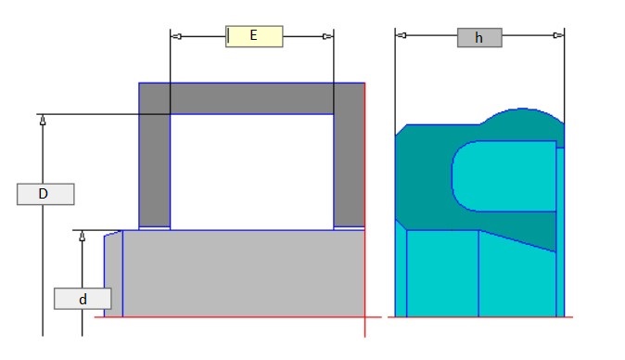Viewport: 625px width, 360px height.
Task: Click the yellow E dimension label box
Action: [x=254, y=36]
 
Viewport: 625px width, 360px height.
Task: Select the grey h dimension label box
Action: [x=479, y=37]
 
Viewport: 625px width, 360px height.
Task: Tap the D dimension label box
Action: [x=45, y=194]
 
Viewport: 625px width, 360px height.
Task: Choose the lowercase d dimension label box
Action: [x=83, y=299]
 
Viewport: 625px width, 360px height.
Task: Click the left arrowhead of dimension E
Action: [x=176, y=37]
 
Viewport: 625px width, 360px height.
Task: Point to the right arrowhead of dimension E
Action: [x=327, y=37]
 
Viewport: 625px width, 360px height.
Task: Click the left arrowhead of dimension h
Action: [x=402, y=35]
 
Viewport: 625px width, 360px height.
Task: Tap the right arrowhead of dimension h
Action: [x=558, y=35]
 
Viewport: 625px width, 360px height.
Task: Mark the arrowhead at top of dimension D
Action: [x=43, y=120]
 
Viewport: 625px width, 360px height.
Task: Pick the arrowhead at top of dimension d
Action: [x=83, y=236]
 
